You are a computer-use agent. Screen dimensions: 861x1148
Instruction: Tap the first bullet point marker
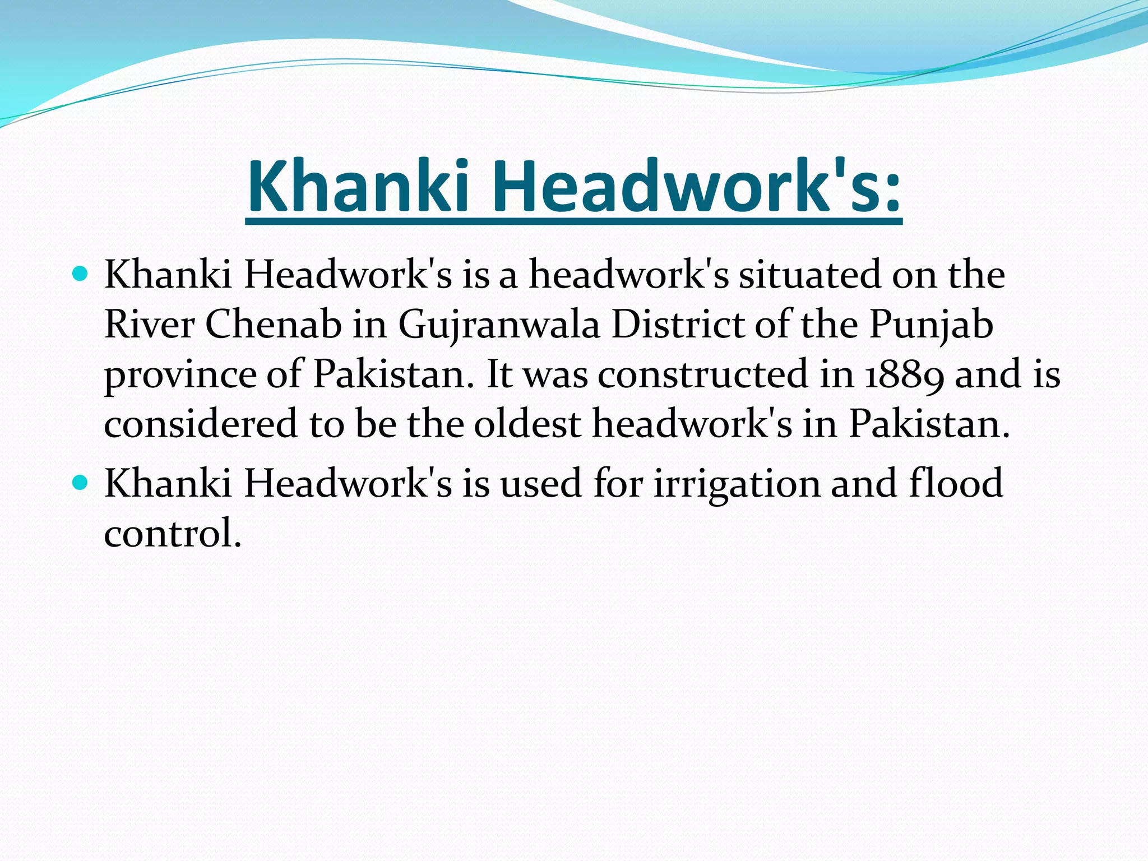click(x=81, y=274)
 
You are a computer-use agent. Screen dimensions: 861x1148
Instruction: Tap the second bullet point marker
click(x=81, y=482)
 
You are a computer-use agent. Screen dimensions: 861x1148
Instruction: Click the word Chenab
click(x=274, y=325)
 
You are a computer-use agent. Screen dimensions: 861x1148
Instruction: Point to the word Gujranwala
click(x=499, y=325)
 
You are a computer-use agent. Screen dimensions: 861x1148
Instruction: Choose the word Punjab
click(x=931, y=325)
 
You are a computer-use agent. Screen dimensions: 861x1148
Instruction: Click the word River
click(x=149, y=325)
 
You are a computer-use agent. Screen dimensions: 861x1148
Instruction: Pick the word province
click(x=180, y=374)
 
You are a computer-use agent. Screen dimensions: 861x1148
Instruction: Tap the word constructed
click(x=702, y=374)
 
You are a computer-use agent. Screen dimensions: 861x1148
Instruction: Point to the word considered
click(x=200, y=424)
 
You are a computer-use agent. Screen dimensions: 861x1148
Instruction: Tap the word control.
click(x=172, y=533)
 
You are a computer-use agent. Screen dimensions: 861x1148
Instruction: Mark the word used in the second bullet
click(x=541, y=483)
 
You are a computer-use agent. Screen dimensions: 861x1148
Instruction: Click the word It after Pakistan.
click(x=499, y=374)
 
